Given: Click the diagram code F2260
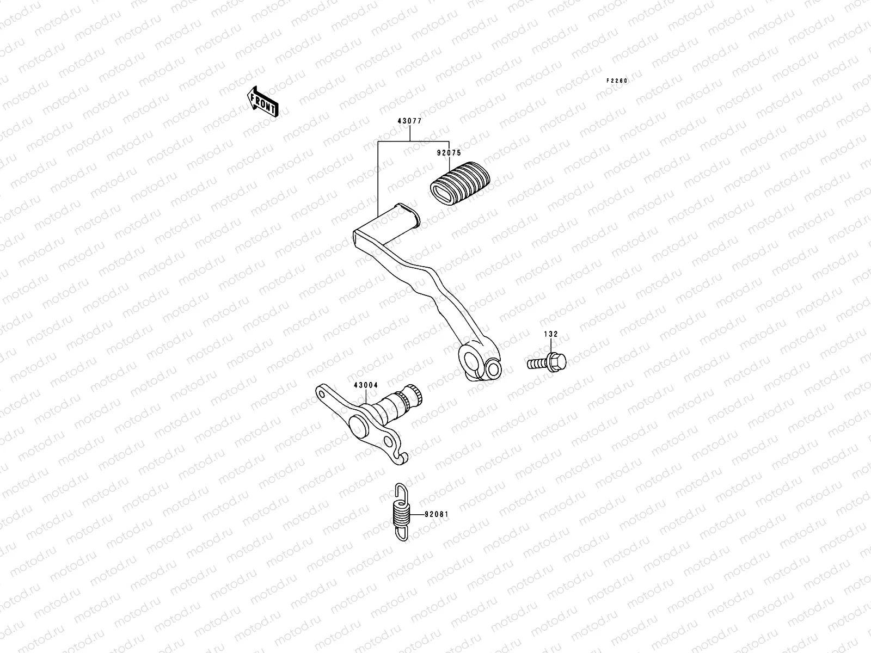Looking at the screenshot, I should [x=617, y=81].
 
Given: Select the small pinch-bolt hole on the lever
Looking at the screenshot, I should [x=493, y=369].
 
